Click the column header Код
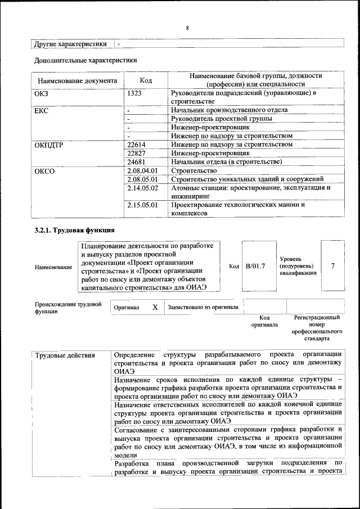[146, 80]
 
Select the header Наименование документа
[77, 80]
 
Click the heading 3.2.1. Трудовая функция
[74, 230]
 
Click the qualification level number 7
[333, 265]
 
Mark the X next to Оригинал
[155, 308]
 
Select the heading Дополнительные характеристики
[85, 60]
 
